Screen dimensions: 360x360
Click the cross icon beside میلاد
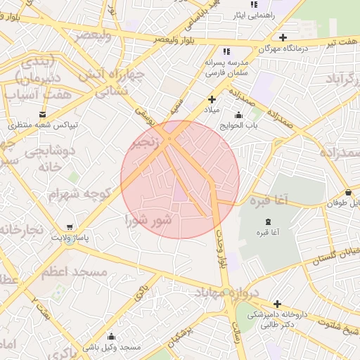tap(212, 99)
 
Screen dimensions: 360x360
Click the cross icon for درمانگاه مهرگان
tap(283, 37)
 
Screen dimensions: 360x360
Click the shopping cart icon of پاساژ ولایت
tap(69, 227)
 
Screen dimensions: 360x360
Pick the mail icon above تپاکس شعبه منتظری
tap(44, 113)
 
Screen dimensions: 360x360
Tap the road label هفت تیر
tap(340, 44)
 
